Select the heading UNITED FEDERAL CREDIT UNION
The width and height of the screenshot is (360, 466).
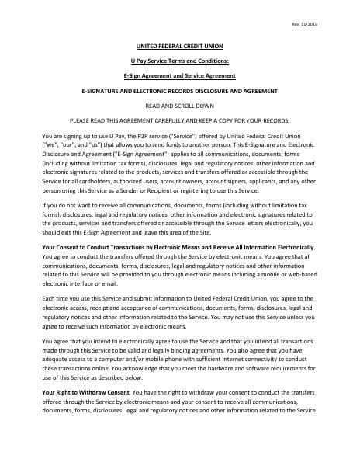coord(179,46)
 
